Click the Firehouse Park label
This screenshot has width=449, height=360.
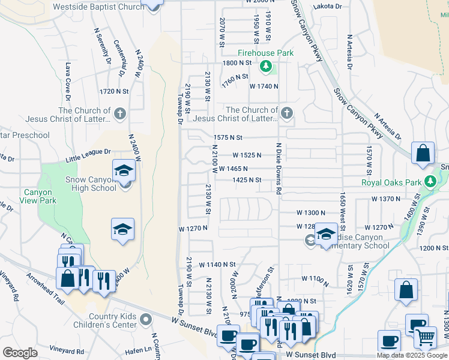(265, 53)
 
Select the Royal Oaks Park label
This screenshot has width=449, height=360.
(392, 182)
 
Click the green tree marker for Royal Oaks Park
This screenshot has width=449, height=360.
(430, 181)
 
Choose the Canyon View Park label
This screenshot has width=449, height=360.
(40, 197)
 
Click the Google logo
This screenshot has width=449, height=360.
(20, 353)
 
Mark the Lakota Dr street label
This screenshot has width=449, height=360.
(328, 6)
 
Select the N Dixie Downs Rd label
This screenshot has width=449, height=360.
(279, 169)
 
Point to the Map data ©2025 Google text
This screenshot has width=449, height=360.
(412, 355)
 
